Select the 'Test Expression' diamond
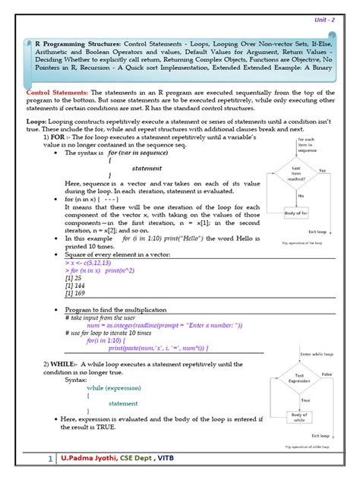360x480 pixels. pos(299,379)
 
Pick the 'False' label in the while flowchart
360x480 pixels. pos(327,374)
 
